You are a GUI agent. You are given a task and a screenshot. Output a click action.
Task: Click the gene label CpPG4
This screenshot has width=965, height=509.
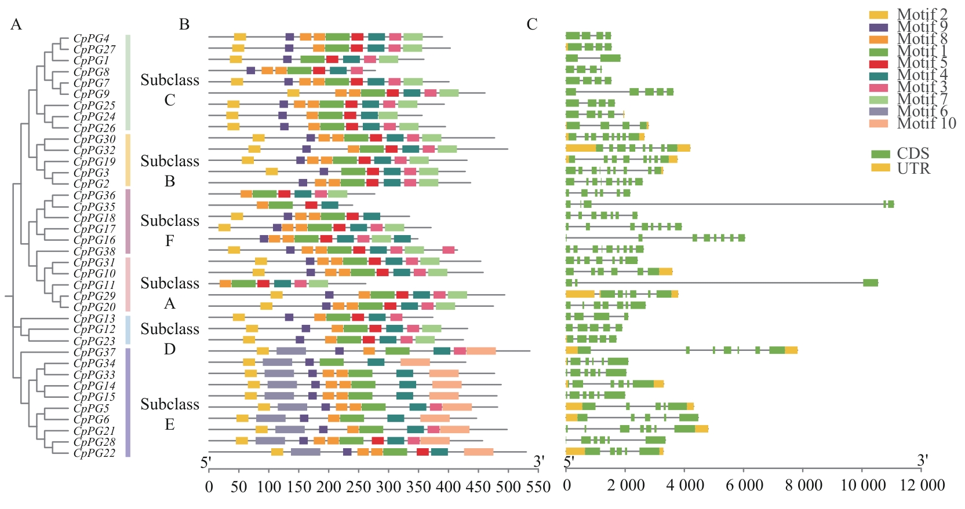[91, 39]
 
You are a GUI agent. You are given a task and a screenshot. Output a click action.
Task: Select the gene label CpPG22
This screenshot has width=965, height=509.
[94, 453]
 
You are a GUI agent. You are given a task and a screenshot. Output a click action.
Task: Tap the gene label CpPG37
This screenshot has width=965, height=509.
[94, 352]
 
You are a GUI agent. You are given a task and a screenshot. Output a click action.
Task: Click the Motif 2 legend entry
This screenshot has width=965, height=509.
[922, 14]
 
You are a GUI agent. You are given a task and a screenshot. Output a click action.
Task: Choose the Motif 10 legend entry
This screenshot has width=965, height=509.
[926, 123]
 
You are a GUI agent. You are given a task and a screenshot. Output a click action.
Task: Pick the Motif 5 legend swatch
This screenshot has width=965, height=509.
[879, 63]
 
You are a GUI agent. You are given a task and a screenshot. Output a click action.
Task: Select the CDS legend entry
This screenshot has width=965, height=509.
[913, 153]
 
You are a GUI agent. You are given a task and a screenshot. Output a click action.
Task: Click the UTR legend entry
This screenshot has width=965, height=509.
[913, 169]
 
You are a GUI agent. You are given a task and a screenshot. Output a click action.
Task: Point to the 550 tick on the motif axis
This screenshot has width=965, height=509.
[538, 486]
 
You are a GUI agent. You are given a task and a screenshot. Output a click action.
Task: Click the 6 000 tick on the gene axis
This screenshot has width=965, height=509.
[744, 485]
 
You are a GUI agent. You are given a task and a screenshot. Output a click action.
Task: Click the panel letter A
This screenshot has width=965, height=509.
[16, 24]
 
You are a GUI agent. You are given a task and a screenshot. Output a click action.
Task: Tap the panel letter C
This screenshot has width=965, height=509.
[531, 24]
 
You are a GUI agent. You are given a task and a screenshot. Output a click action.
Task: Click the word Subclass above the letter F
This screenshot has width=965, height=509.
[169, 221]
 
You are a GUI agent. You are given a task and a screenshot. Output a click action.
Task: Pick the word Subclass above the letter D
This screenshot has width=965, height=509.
[169, 329]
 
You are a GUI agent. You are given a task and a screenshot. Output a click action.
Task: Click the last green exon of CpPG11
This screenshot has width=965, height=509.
[870, 283]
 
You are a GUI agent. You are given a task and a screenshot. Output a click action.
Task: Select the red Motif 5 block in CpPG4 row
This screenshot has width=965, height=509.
[358, 37]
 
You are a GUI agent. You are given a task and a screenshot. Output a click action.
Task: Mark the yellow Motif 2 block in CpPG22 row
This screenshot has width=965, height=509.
[277, 452]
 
